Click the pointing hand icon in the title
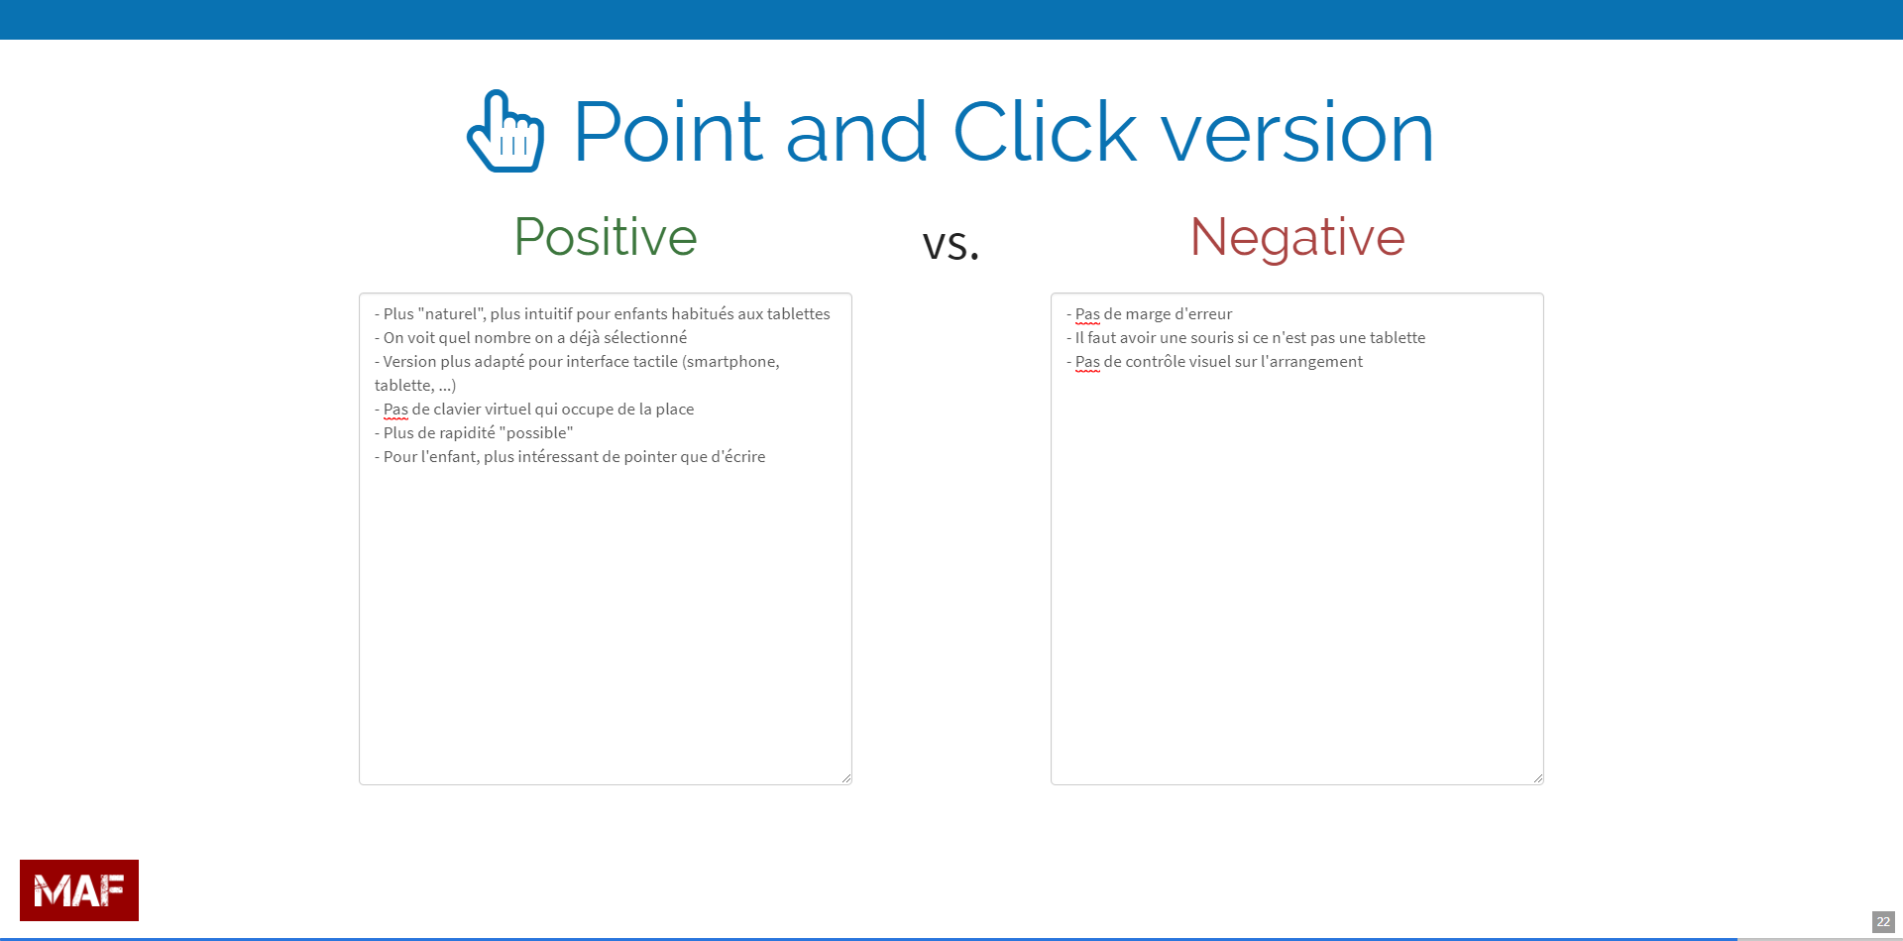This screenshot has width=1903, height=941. point(505,131)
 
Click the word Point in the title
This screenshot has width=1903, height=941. point(668,132)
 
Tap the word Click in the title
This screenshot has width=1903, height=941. point(1045,132)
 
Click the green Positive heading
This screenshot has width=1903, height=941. point(606,237)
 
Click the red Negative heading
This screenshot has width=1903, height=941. point(1297,238)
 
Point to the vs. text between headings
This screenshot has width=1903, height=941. point(951,244)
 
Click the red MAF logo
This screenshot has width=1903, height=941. point(79,890)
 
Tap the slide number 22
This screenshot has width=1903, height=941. point(1883,922)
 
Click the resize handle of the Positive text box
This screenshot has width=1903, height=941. point(846,778)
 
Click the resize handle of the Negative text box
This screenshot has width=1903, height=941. point(1538,778)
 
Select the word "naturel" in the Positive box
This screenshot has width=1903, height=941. point(452,313)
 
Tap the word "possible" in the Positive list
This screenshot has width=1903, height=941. point(536,432)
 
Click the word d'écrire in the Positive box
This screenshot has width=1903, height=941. point(738,456)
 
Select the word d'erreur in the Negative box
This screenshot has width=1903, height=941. point(1203,313)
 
